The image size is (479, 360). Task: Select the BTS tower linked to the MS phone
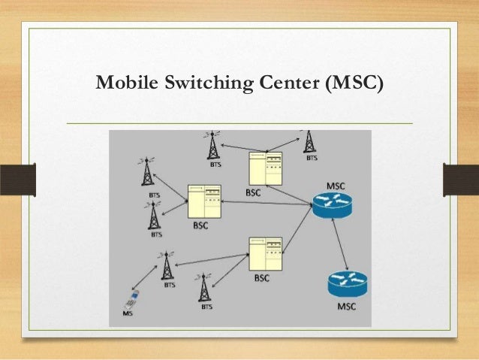[166, 266]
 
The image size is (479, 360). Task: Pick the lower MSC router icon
[346, 285]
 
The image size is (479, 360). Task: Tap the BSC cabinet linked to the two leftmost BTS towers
[207, 201]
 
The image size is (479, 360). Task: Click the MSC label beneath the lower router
[347, 307]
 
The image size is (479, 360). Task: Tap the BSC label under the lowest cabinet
[261, 278]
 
